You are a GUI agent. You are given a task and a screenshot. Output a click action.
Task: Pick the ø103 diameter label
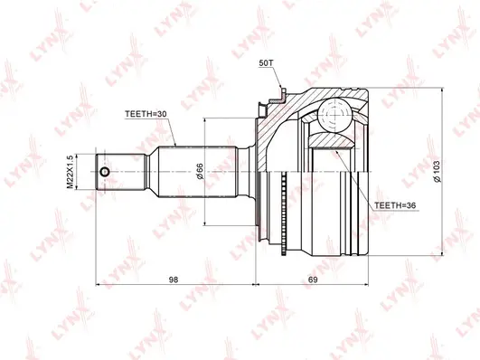(437, 172)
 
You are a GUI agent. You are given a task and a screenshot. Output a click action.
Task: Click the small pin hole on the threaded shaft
(105, 173)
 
